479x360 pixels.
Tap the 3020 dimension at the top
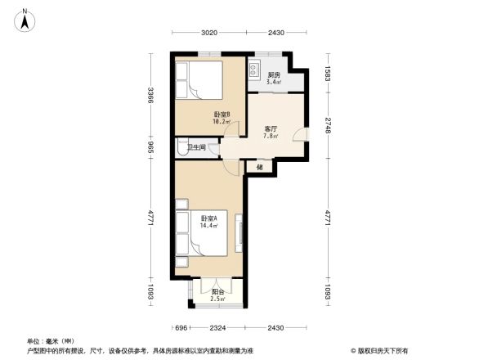pyautogui.click(x=209, y=33)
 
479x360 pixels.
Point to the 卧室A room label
pyautogui.click(x=208, y=218)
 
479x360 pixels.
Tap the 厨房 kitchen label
pyautogui.click(x=275, y=75)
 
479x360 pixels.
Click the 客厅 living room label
pyautogui.click(x=271, y=128)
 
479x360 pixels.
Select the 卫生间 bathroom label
pyautogui.click(x=196, y=147)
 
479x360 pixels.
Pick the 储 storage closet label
pyautogui.click(x=260, y=167)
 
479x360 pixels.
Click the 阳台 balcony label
pyautogui.click(x=218, y=291)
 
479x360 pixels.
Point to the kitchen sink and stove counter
pyautogui.click(x=255, y=70)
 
